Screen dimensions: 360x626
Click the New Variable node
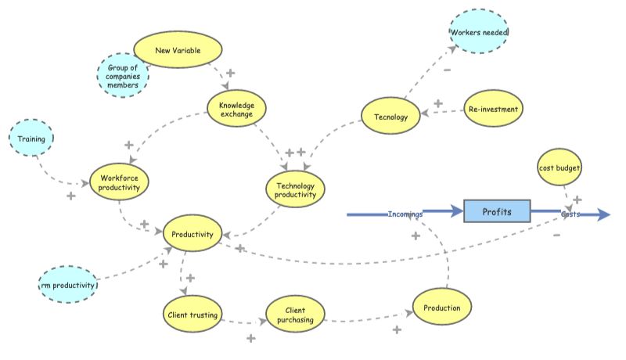pos(178,51)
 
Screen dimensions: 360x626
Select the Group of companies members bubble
pos(123,76)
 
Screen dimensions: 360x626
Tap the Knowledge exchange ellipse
pos(236,109)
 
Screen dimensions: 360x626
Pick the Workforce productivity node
pos(120,182)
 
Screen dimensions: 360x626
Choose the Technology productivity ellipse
pos(295,189)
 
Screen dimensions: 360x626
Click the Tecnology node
pos(390,117)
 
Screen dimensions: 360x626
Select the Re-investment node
pos(493,110)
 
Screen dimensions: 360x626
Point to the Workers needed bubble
pos(479,33)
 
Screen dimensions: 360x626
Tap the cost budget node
pos(560,167)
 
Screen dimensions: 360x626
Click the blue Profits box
pos(497,211)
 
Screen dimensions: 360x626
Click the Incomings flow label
pos(405,214)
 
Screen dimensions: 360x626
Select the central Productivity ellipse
pos(192,233)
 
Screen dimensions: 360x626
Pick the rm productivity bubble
pos(68,285)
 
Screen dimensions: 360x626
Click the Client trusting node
pos(193,315)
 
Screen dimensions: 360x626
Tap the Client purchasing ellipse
pos(294,315)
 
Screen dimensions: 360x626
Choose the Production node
pos(442,308)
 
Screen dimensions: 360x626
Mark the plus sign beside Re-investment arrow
pos(438,103)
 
